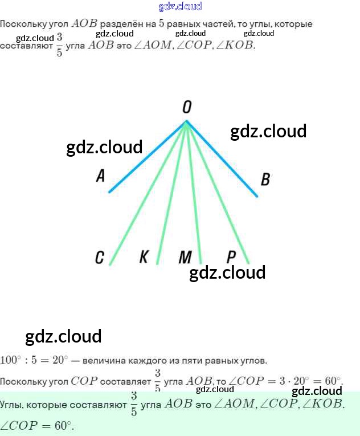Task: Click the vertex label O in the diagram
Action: (x=187, y=107)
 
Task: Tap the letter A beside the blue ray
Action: (x=100, y=176)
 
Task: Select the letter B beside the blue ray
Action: (x=265, y=180)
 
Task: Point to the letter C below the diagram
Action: (x=100, y=258)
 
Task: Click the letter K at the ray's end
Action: (x=144, y=257)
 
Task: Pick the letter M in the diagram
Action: (x=185, y=258)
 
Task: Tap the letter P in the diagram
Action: (x=231, y=256)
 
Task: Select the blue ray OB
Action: (x=222, y=159)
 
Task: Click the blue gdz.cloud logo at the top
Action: (x=180, y=7)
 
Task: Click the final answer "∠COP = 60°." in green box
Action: (x=37, y=425)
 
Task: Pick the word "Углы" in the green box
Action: (x=12, y=405)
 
